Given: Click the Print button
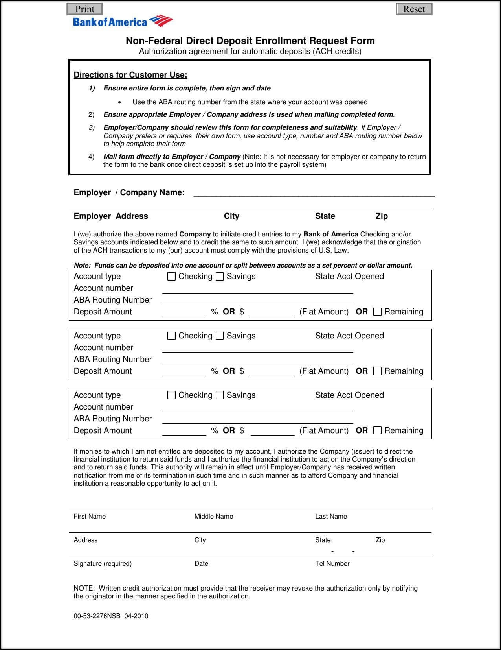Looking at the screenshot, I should coord(84,9).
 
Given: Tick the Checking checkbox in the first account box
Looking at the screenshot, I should coord(171,276).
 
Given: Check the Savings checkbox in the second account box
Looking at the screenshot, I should coord(220,336).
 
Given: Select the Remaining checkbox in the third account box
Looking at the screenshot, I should coord(377,430).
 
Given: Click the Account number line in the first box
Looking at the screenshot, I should coord(257,289).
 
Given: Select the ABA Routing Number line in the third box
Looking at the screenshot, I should coord(257,419).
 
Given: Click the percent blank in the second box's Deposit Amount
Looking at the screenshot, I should coord(184,372).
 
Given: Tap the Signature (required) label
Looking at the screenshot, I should coord(103,563).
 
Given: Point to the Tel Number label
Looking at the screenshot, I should coord(332,563).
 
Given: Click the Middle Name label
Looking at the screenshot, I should coord(213,516).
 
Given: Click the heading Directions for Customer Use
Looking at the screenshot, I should coord(130,75).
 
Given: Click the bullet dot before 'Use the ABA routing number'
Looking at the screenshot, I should coord(119,102).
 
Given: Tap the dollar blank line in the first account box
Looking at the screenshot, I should coord(272,312).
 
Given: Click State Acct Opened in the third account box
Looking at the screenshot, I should coord(349,395).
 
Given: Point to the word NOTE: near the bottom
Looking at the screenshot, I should coord(84,588).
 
